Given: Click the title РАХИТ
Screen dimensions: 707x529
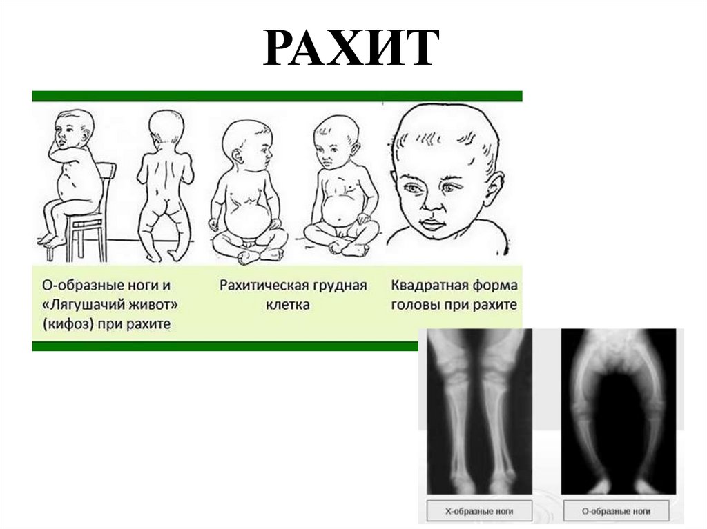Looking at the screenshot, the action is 351,48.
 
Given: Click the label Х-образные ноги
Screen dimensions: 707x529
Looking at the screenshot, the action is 479,511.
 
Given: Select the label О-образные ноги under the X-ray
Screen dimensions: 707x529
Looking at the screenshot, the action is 616,511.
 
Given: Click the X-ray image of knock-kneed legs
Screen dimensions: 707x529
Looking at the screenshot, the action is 479,411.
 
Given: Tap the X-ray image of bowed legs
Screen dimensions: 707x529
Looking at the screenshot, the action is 618,411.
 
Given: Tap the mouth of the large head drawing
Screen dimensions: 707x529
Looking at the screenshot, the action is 432,224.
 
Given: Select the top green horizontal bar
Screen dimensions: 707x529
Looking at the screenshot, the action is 278,96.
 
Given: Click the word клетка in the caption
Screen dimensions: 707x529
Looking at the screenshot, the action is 287,305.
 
